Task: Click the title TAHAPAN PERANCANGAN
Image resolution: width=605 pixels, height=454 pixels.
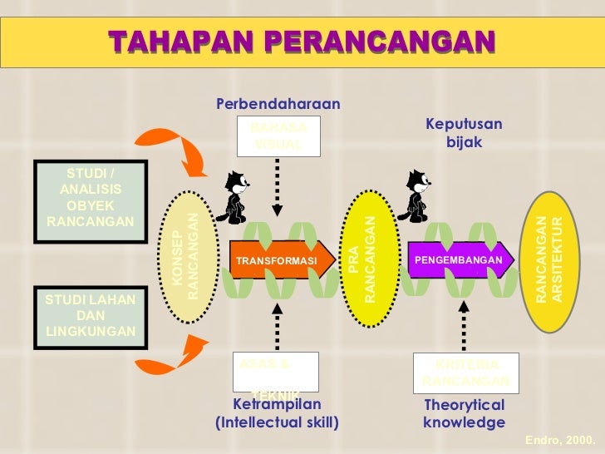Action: click(301, 41)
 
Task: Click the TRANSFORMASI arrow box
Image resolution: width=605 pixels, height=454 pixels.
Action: click(278, 261)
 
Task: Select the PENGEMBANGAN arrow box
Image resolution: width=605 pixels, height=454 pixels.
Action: click(457, 260)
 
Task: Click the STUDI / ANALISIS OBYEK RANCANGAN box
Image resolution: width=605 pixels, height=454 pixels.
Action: click(91, 197)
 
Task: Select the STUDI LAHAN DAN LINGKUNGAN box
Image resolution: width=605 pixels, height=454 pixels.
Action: click(91, 316)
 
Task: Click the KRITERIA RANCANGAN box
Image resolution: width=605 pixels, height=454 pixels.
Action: click(465, 373)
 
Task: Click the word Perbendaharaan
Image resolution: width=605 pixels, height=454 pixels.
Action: click(278, 104)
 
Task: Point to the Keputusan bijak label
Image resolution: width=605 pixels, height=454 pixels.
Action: click(464, 133)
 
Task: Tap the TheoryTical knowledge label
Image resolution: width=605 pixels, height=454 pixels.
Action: click(464, 413)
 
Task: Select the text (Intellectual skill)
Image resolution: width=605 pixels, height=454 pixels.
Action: click(277, 422)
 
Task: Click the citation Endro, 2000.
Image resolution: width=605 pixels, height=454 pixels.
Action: click(561, 438)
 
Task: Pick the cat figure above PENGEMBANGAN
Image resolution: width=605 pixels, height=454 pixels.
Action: click(415, 195)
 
